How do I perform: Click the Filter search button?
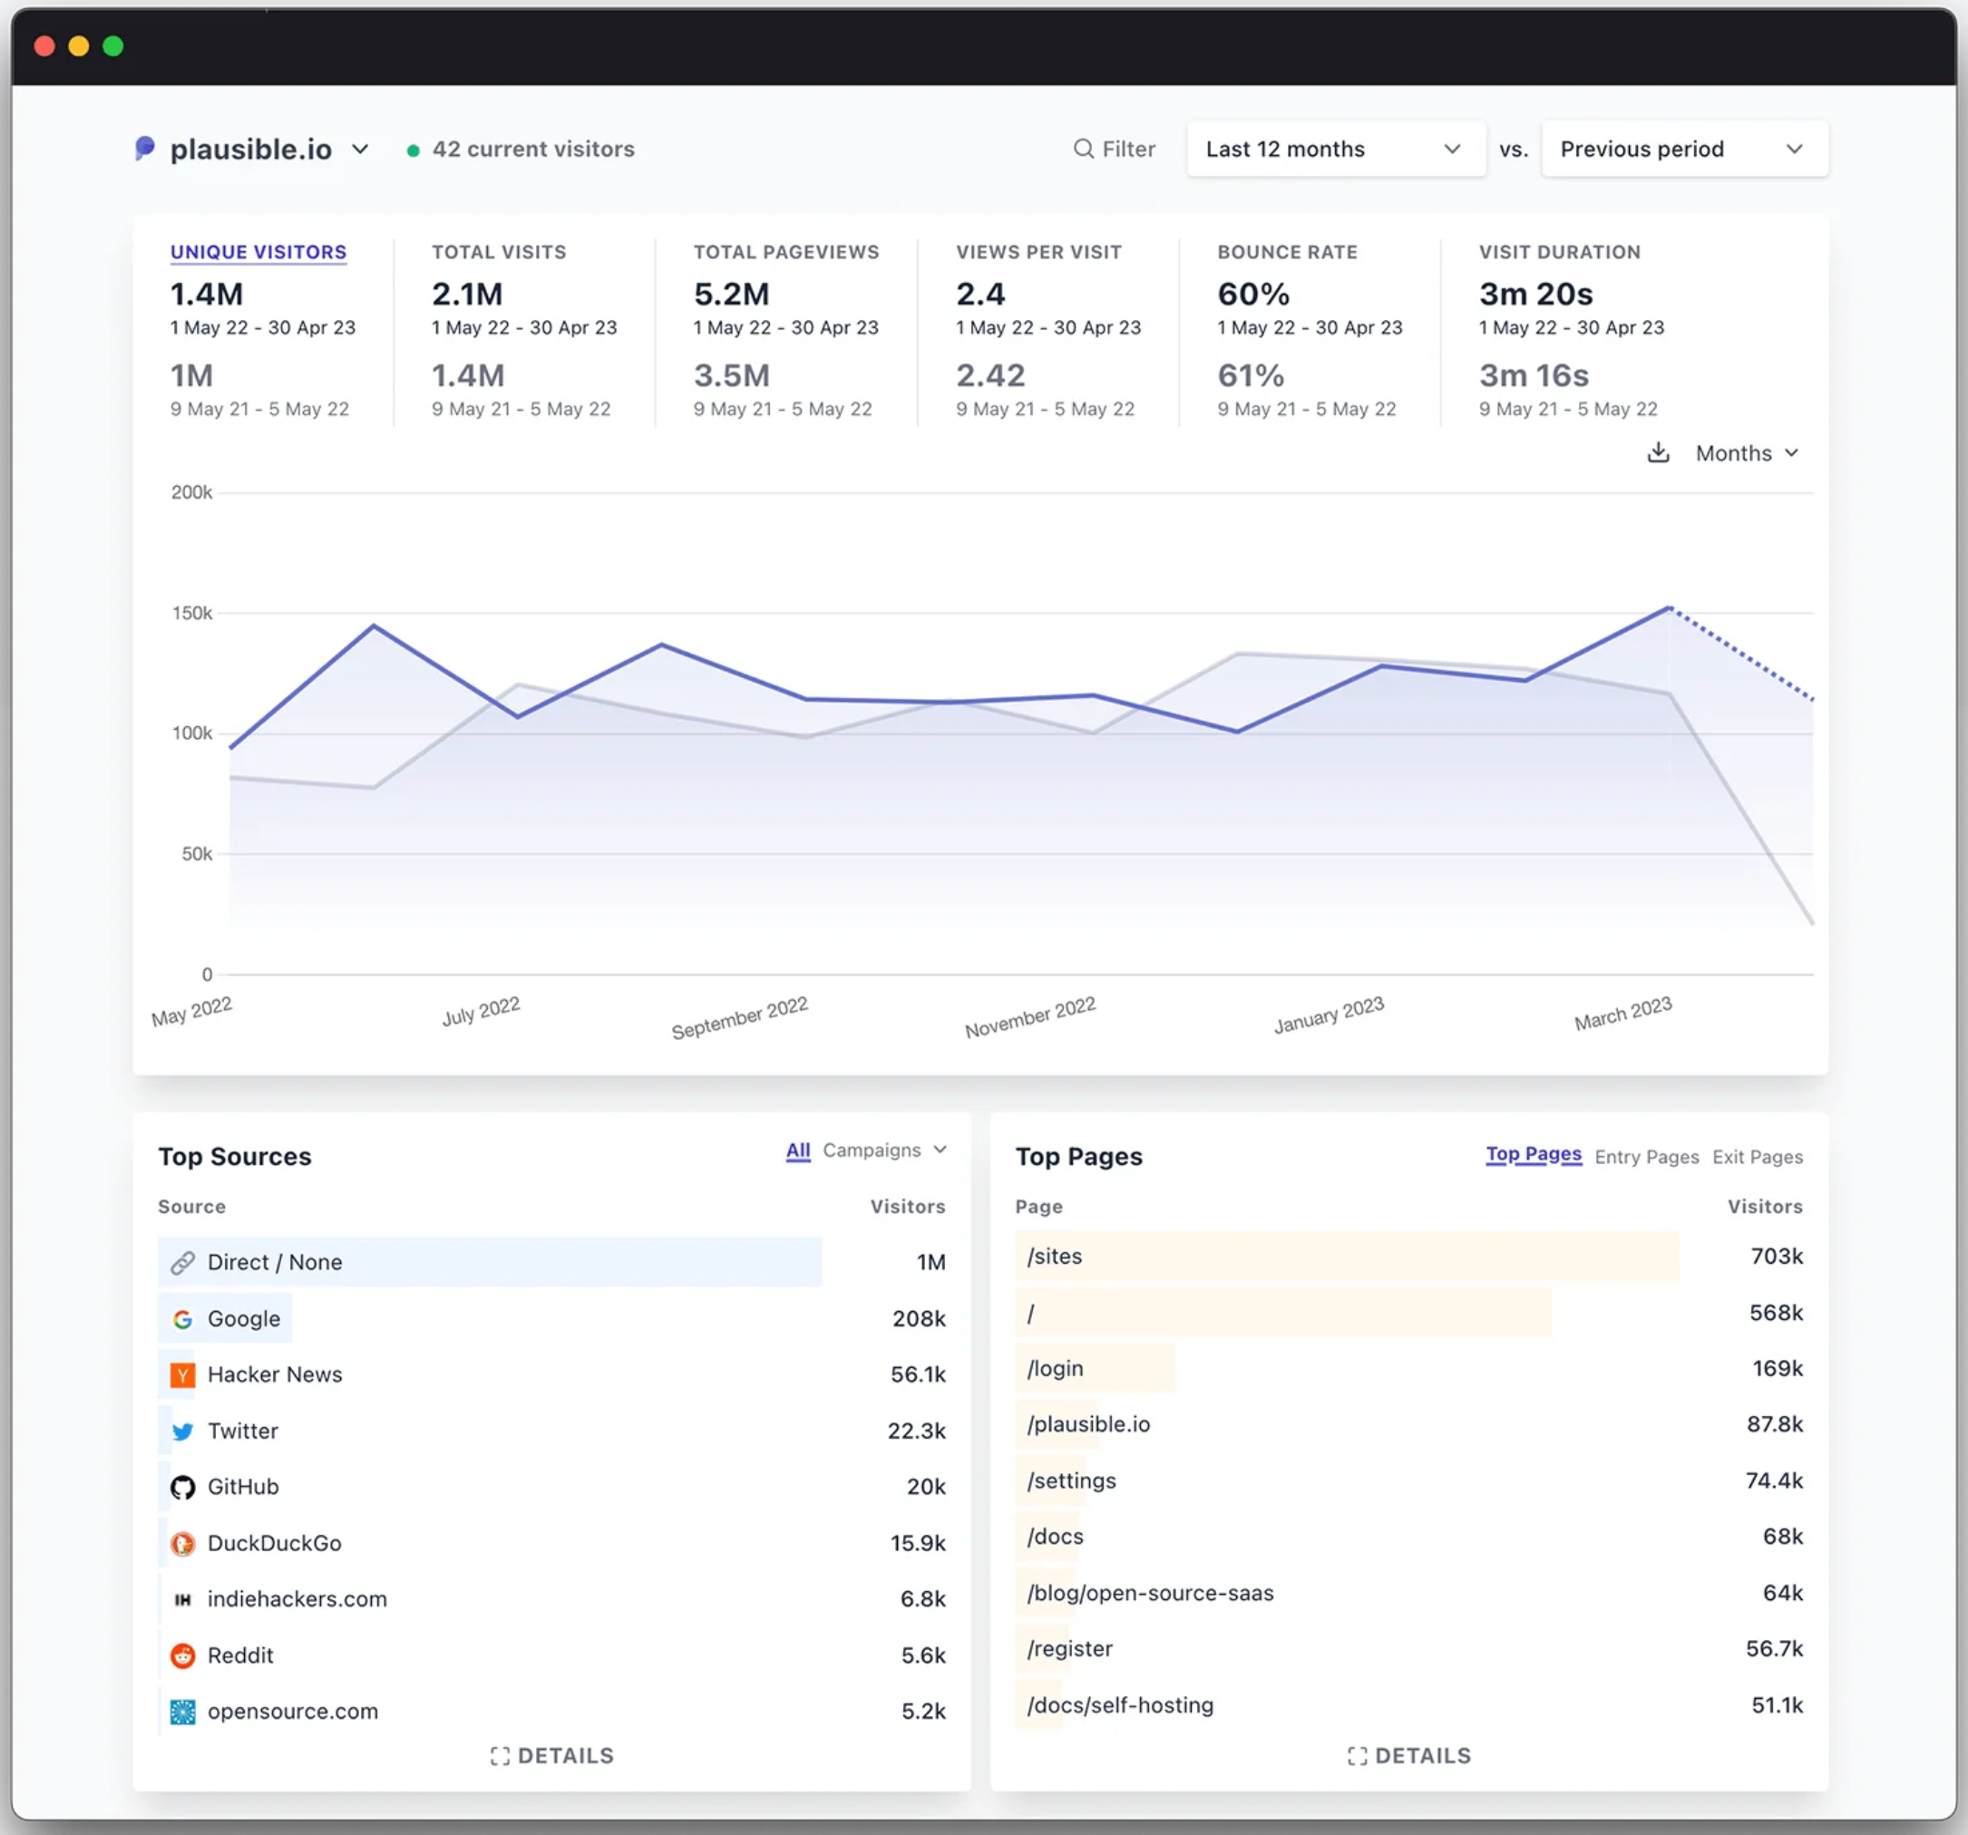(1115, 150)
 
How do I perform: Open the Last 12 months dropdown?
(1335, 150)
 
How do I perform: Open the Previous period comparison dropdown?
(1684, 150)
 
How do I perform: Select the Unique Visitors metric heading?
(258, 252)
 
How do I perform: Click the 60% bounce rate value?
(1253, 294)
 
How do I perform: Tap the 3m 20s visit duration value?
(1535, 294)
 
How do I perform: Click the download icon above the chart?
(1658, 453)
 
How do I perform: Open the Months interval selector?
(1746, 453)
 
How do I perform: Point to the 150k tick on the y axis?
(192, 614)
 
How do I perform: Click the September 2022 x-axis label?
(739, 1017)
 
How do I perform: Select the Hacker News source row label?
(275, 1374)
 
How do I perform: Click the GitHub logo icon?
(183, 1488)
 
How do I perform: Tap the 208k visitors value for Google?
(919, 1319)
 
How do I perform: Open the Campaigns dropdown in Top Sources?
(885, 1151)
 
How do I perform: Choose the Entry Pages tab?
(1646, 1157)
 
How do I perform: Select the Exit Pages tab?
(1758, 1157)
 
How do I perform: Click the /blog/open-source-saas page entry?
(1150, 1594)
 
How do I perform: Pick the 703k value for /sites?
(1777, 1257)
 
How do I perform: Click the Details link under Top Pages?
(1409, 1756)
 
